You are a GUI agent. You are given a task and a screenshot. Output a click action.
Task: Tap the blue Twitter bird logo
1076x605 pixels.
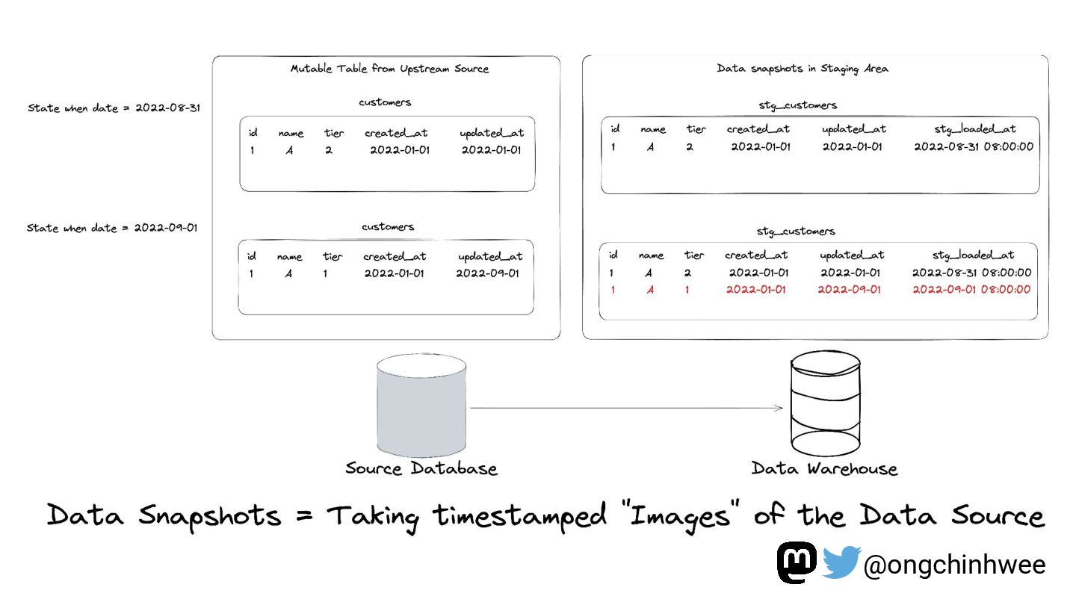pyautogui.click(x=841, y=562)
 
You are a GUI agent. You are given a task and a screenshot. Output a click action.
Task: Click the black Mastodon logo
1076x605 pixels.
pyautogui.click(x=797, y=562)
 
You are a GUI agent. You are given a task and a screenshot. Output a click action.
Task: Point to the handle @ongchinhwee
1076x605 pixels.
pyautogui.click(x=953, y=565)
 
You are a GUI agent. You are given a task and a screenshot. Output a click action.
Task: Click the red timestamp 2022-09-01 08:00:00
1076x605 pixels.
pyautogui.click(x=971, y=290)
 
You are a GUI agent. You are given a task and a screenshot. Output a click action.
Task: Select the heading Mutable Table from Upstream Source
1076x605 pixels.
pyautogui.click(x=389, y=69)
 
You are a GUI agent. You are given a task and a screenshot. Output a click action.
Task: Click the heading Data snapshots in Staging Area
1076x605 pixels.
pyautogui.click(x=803, y=69)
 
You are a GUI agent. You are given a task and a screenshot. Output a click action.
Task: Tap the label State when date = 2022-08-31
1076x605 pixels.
pyautogui.click(x=114, y=108)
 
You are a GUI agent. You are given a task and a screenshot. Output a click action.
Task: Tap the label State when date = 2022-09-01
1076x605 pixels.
pyautogui.click(x=112, y=228)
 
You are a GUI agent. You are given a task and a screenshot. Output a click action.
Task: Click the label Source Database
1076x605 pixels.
pyautogui.click(x=421, y=469)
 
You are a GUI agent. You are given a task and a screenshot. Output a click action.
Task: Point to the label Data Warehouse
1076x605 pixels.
pyautogui.click(x=824, y=469)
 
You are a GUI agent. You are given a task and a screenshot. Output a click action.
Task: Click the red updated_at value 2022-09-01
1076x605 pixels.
pyautogui.click(x=849, y=290)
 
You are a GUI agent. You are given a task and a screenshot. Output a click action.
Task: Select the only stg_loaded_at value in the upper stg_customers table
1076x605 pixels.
pyautogui.click(x=974, y=146)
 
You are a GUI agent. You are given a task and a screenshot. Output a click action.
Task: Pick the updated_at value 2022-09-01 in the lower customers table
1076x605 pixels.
pyautogui.click(x=487, y=273)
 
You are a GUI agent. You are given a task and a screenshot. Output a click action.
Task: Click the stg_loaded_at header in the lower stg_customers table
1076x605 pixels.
pyautogui.click(x=973, y=255)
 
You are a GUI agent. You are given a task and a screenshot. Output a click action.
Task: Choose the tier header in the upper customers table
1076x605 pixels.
pyautogui.click(x=334, y=133)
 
